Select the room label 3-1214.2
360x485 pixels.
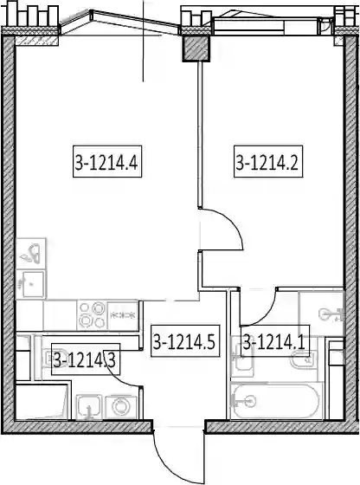click(268, 161)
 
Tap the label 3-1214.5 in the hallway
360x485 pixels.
click(185, 341)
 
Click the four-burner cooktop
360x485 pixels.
click(92, 315)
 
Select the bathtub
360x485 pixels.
click(277, 401)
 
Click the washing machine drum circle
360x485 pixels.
click(120, 406)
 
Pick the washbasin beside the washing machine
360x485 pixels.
click(89, 407)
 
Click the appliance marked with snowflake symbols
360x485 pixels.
click(123, 315)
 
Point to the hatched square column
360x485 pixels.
click(196, 48)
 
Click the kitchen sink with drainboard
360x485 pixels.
click(31, 268)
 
